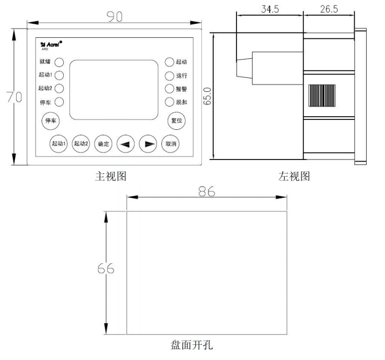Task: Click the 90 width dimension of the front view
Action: pyautogui.click(x=113, y=16)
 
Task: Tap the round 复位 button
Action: pyautogui.click(x=177, y=121)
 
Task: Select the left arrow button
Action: pyautogui.click(x=125, y=144)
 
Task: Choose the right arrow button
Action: pyautogui.click(x=147, y=144)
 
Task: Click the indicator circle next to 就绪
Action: pyautogui.click(x=59, y=62)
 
